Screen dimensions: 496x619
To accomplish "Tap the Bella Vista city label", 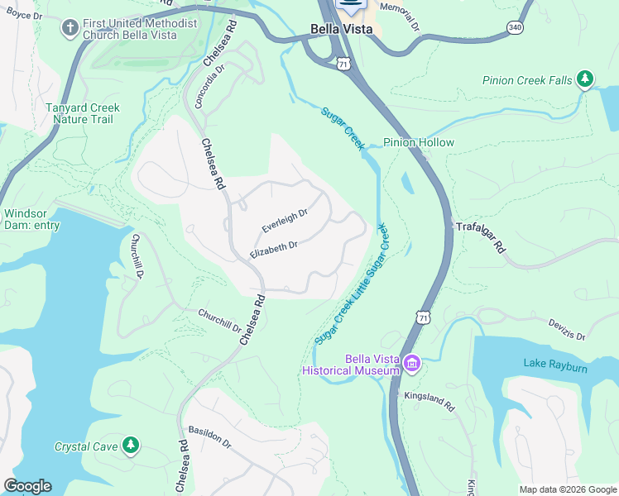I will [x=341, y=29].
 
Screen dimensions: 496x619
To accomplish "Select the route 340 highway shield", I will [x=515, y=27].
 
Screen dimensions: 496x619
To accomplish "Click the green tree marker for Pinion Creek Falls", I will [x=585, y=79].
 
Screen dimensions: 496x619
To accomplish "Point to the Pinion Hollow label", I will [x=419, y=142].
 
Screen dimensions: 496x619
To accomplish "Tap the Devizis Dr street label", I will [x=567, y=331].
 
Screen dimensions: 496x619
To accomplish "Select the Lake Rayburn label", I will [x=554, y=365].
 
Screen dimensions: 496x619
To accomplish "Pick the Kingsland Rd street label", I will [x=429, y=403].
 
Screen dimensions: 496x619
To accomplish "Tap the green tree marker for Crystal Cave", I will [x=130, y=446].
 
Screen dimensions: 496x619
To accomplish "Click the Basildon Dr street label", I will [x=209, y=436].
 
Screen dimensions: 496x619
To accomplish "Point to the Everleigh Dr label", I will [x=285, y=220].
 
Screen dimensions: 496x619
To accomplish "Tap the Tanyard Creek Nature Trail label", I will [x=70, y=113].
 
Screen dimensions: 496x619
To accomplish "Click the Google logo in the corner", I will [x=27, y=486].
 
